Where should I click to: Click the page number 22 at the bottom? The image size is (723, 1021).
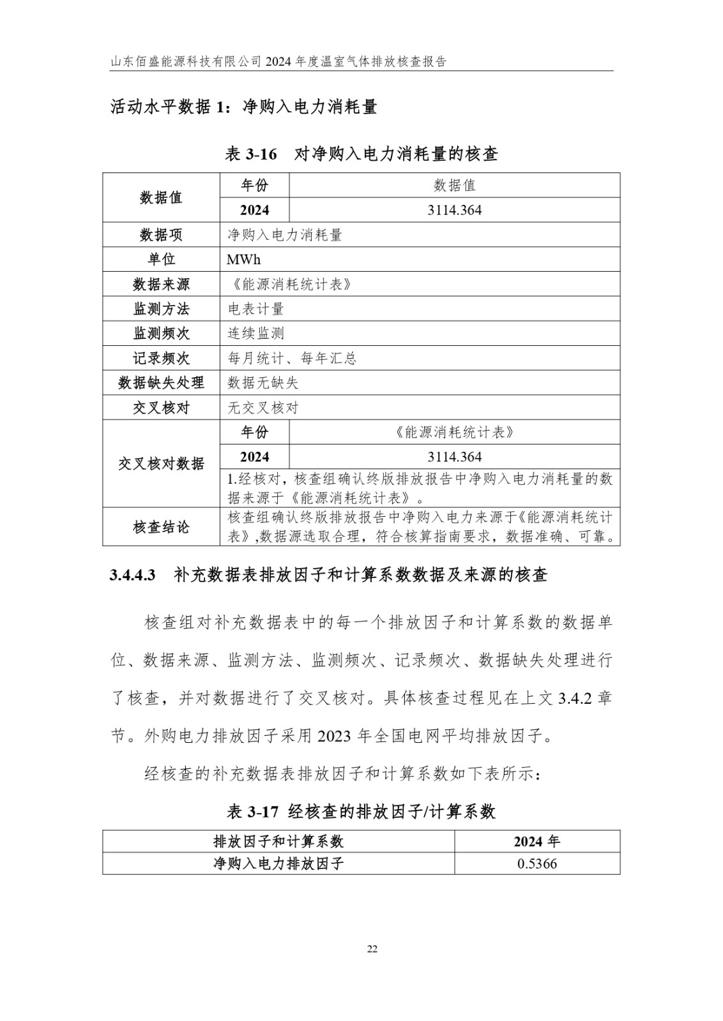(372, 949)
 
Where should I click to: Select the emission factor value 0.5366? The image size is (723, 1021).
(537, 863)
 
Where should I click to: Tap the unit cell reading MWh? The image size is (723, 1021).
(243, 259)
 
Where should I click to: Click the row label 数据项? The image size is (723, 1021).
(161, 235)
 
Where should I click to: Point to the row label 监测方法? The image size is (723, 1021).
(161, 309)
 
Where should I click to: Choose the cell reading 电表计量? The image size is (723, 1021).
(256, 309)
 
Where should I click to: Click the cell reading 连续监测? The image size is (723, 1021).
(256, 333)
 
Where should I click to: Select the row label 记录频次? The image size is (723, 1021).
(161, 358)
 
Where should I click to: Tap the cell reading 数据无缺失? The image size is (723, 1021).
(263, 383)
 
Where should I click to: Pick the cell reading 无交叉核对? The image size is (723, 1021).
(263, 408)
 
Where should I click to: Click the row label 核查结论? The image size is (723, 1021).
(161, 527)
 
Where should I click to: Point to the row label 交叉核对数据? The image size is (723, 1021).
(161, 463)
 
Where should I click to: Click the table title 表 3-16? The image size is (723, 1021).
(252, 154)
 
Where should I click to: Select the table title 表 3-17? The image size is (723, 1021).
(253, 812)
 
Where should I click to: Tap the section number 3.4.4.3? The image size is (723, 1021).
(133, 575)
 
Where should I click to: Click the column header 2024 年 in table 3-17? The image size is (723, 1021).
(537, 841)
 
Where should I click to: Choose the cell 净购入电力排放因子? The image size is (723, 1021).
(278, 863)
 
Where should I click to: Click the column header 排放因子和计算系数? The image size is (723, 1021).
(278, 841)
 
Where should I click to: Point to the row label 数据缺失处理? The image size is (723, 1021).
(161, 383)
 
